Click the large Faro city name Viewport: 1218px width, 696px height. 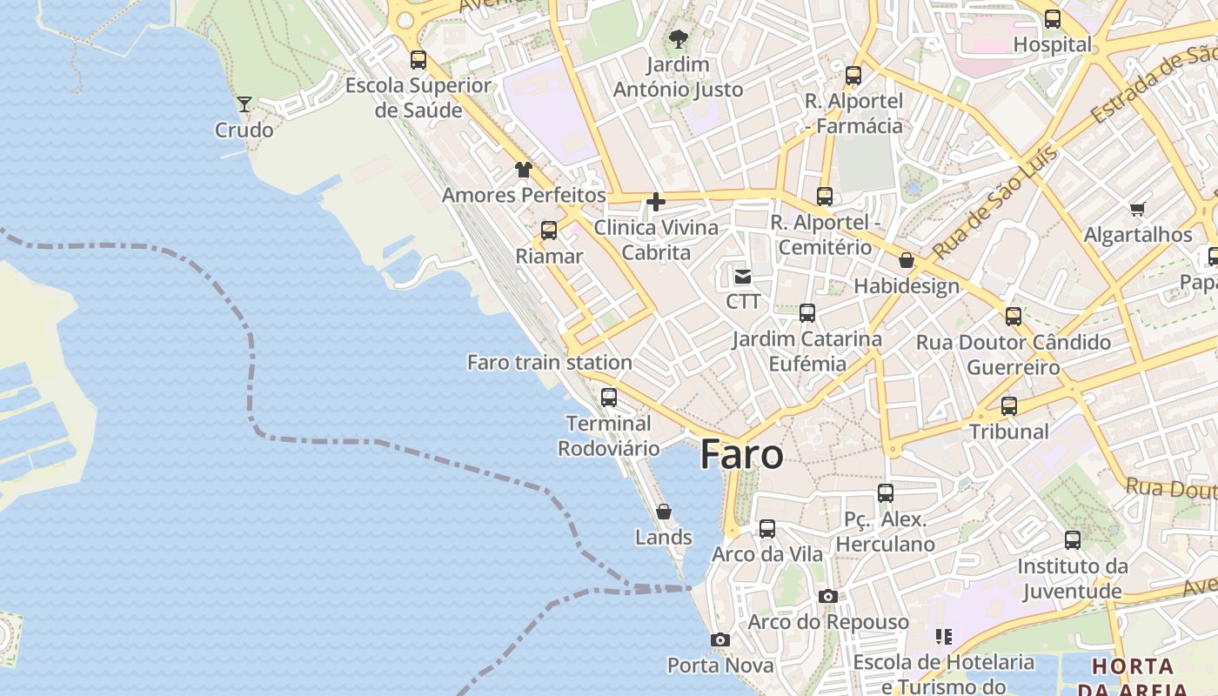(x=741, y=454)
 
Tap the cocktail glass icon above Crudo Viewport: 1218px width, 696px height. (x=244, y=104)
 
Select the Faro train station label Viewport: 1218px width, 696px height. (x=550, y=362)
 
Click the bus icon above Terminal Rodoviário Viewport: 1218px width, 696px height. (x=609, y=398)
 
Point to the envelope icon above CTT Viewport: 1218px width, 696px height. (x=743, y=277)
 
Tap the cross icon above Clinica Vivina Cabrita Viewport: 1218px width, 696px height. (x=656, y=203)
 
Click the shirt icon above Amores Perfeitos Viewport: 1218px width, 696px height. (x=523, y=170)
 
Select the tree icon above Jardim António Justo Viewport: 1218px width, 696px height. (x=679, y=39)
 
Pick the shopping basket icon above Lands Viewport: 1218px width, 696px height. (x=664, y=512)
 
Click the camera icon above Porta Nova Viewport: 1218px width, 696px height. (x=720, y=640)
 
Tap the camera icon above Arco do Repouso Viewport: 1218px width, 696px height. (x=828, y=596)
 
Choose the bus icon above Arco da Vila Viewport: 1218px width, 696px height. (x=767, y=529)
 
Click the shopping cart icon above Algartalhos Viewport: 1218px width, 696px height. (x=1137, y=209)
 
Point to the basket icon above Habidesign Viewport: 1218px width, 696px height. (x=907, y=260)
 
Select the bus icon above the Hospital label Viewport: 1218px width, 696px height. (x=1053, y=19)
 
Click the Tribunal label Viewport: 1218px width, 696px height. (x=1009, y=432)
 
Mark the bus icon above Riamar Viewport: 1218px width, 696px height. (x=549, y=231)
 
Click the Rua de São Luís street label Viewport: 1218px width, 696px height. (x=994, y=203)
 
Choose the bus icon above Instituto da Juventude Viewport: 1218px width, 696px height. (x=1073, y=540)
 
